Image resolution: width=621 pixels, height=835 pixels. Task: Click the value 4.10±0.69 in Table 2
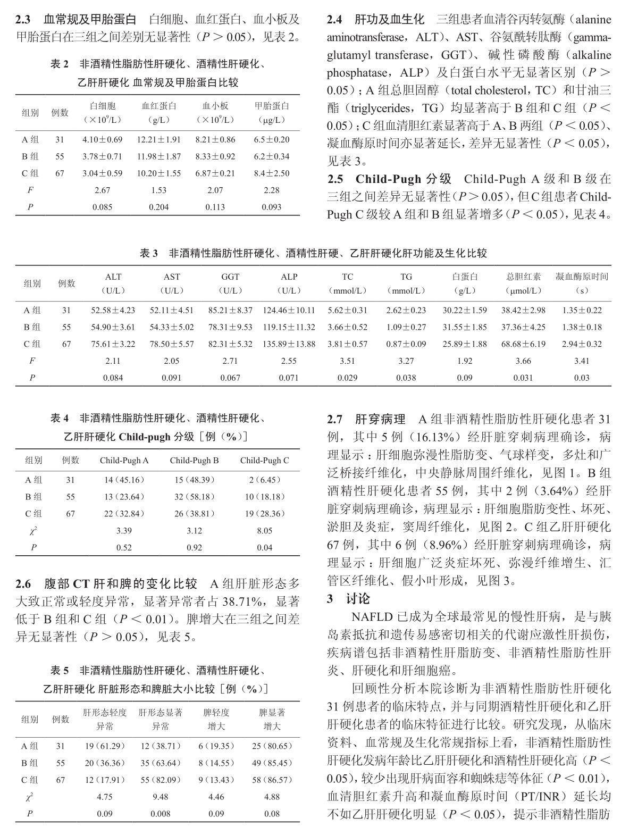102,140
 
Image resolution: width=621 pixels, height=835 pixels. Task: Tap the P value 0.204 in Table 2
158,207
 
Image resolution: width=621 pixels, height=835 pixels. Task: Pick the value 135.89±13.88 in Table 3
289,344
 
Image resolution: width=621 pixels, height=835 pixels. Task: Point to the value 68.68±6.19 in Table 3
523,344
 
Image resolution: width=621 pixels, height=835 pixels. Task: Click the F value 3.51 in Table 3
347,361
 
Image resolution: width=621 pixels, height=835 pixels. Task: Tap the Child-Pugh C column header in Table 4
264,461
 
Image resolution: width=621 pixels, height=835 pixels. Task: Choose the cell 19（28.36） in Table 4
264,514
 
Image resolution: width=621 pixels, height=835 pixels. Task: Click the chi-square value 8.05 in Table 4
264,531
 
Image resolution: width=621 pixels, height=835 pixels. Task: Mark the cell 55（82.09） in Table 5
160,780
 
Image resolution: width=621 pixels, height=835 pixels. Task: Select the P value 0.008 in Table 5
160,814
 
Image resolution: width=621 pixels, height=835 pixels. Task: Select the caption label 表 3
148,254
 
